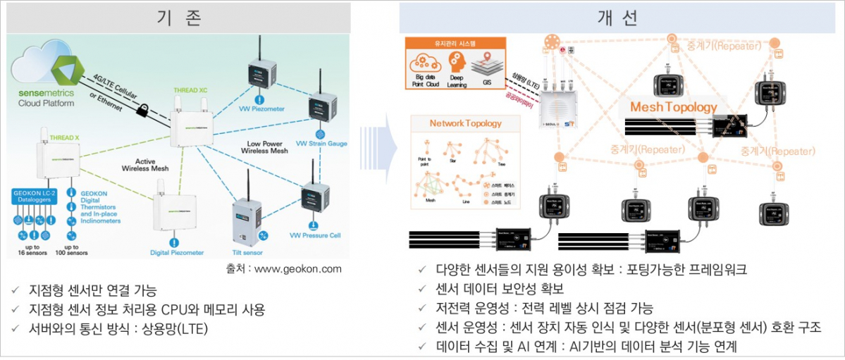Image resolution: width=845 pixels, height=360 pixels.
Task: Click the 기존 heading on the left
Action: click(178, 19)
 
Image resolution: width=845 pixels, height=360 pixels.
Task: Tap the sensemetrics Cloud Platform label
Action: click(47, 97)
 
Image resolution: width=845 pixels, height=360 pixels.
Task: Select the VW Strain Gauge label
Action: click(321, 144)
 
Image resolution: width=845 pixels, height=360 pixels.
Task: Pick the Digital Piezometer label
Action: click(177, 252)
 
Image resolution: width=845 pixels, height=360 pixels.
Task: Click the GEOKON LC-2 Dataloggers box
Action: click(35, 197)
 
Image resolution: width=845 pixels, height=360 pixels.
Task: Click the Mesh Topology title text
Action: click(673, 107)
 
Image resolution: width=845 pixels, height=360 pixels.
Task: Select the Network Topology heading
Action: click(466, 123)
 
